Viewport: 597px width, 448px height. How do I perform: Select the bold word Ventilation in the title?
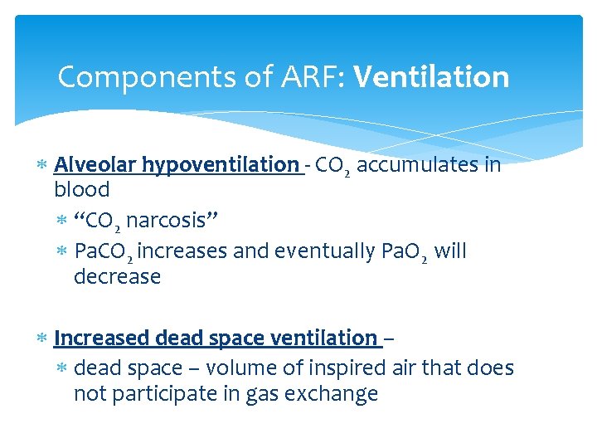tap(431, 78)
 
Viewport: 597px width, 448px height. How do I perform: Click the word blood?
tap(82, 190)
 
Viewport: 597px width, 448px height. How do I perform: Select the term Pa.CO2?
tap(104, 251)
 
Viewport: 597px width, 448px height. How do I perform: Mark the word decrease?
tap(117, 276)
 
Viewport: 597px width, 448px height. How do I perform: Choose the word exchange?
tap(331, 394)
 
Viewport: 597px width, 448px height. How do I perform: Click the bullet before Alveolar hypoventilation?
tap(42, 166)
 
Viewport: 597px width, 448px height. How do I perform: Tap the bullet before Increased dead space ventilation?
tap(42, 338)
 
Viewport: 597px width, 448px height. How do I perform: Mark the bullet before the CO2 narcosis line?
tap(62, 222)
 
